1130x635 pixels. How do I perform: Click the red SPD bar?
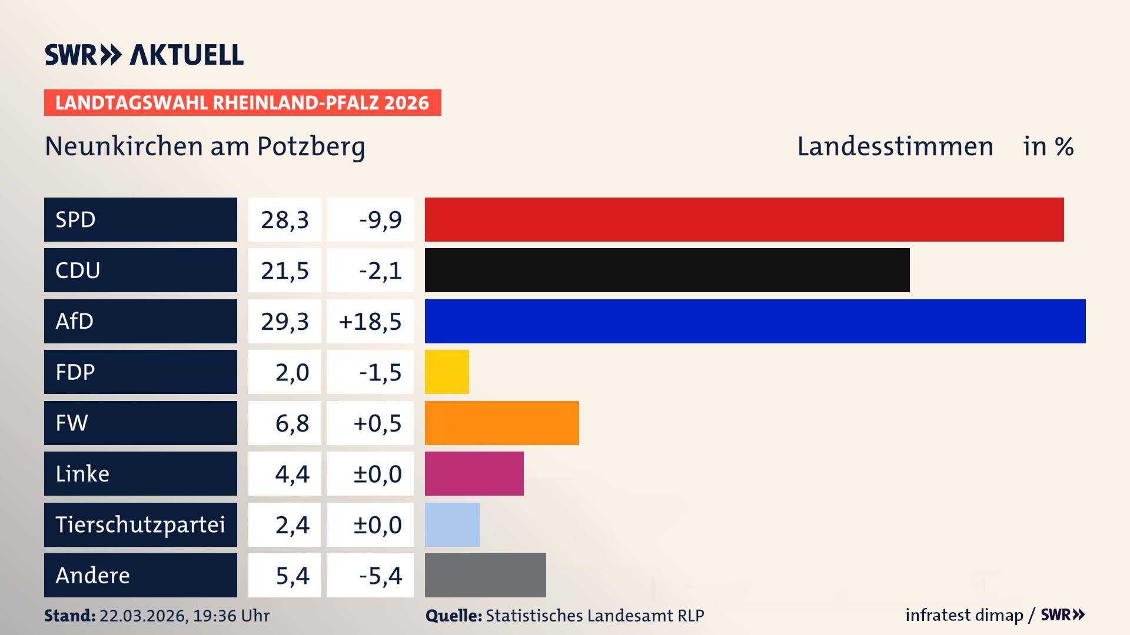point(744,219)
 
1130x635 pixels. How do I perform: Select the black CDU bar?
point(667,270)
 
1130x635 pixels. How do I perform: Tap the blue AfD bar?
point(755,321)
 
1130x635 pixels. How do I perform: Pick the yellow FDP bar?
point(447,372)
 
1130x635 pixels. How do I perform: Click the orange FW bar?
point(501,423)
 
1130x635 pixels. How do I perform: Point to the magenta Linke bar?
point(474,473)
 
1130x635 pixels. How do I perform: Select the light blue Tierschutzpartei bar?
point(452,524)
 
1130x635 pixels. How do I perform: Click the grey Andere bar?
point(485,575)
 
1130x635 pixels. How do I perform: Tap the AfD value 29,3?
point(285,322)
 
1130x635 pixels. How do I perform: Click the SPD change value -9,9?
point(380,220)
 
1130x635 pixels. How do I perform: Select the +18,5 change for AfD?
point(370,322)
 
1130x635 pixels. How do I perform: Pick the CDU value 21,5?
point(285,270)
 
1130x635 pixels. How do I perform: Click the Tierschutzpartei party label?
point(140,524)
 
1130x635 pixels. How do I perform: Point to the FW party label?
point(72,423)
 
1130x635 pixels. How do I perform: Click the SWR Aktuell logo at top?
point(144,55)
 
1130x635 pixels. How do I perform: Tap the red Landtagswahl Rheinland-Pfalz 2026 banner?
point(242,102)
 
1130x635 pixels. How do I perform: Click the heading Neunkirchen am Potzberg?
point(205,146)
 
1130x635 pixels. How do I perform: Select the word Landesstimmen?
point(895,146)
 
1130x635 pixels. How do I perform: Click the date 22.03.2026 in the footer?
point(143,616)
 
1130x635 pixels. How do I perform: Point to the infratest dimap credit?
point(964,615)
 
